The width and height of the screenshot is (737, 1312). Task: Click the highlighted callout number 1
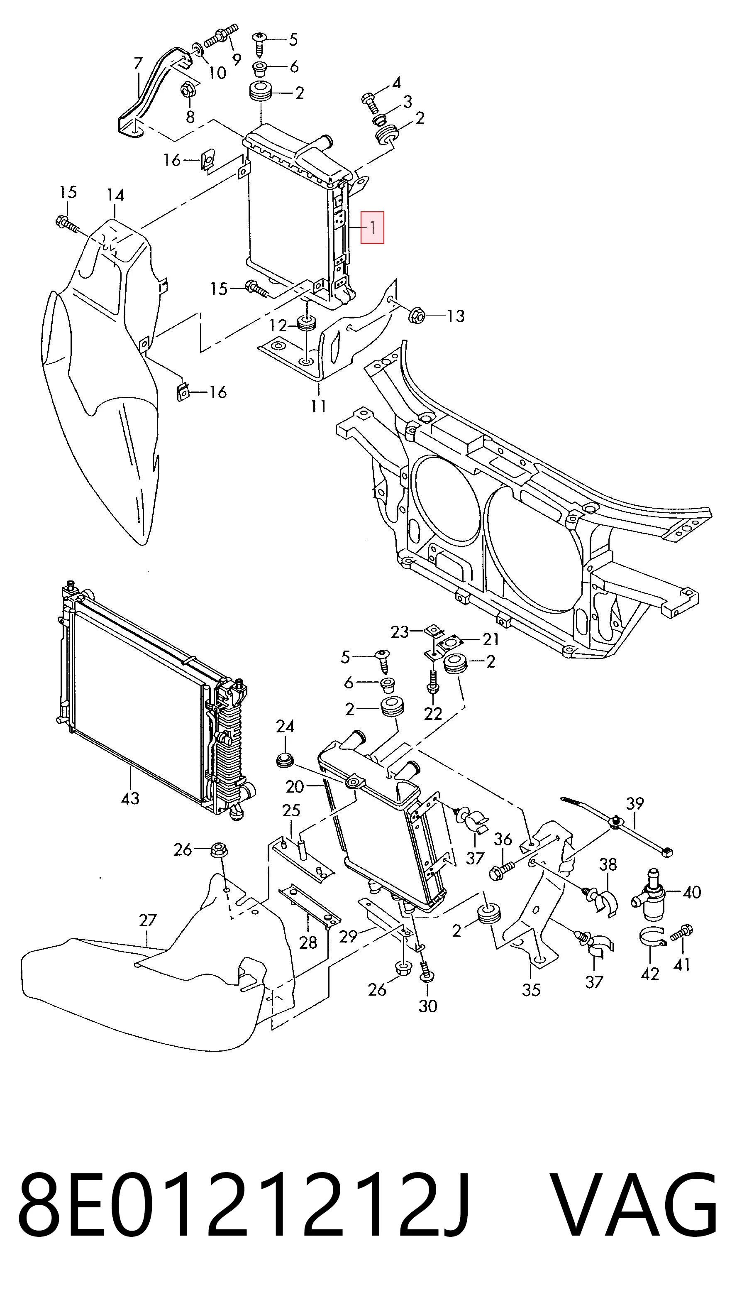[x=373, y=227]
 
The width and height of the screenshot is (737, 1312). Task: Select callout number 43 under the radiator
[x=130, y=798]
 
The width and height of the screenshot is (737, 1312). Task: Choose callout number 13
[x=456, y=316]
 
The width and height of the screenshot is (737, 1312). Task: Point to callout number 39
[x=635, y=803]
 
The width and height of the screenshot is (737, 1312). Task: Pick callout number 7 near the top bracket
[x=138, y=63]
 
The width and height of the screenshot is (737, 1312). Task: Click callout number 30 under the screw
[x=427, y=1006]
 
